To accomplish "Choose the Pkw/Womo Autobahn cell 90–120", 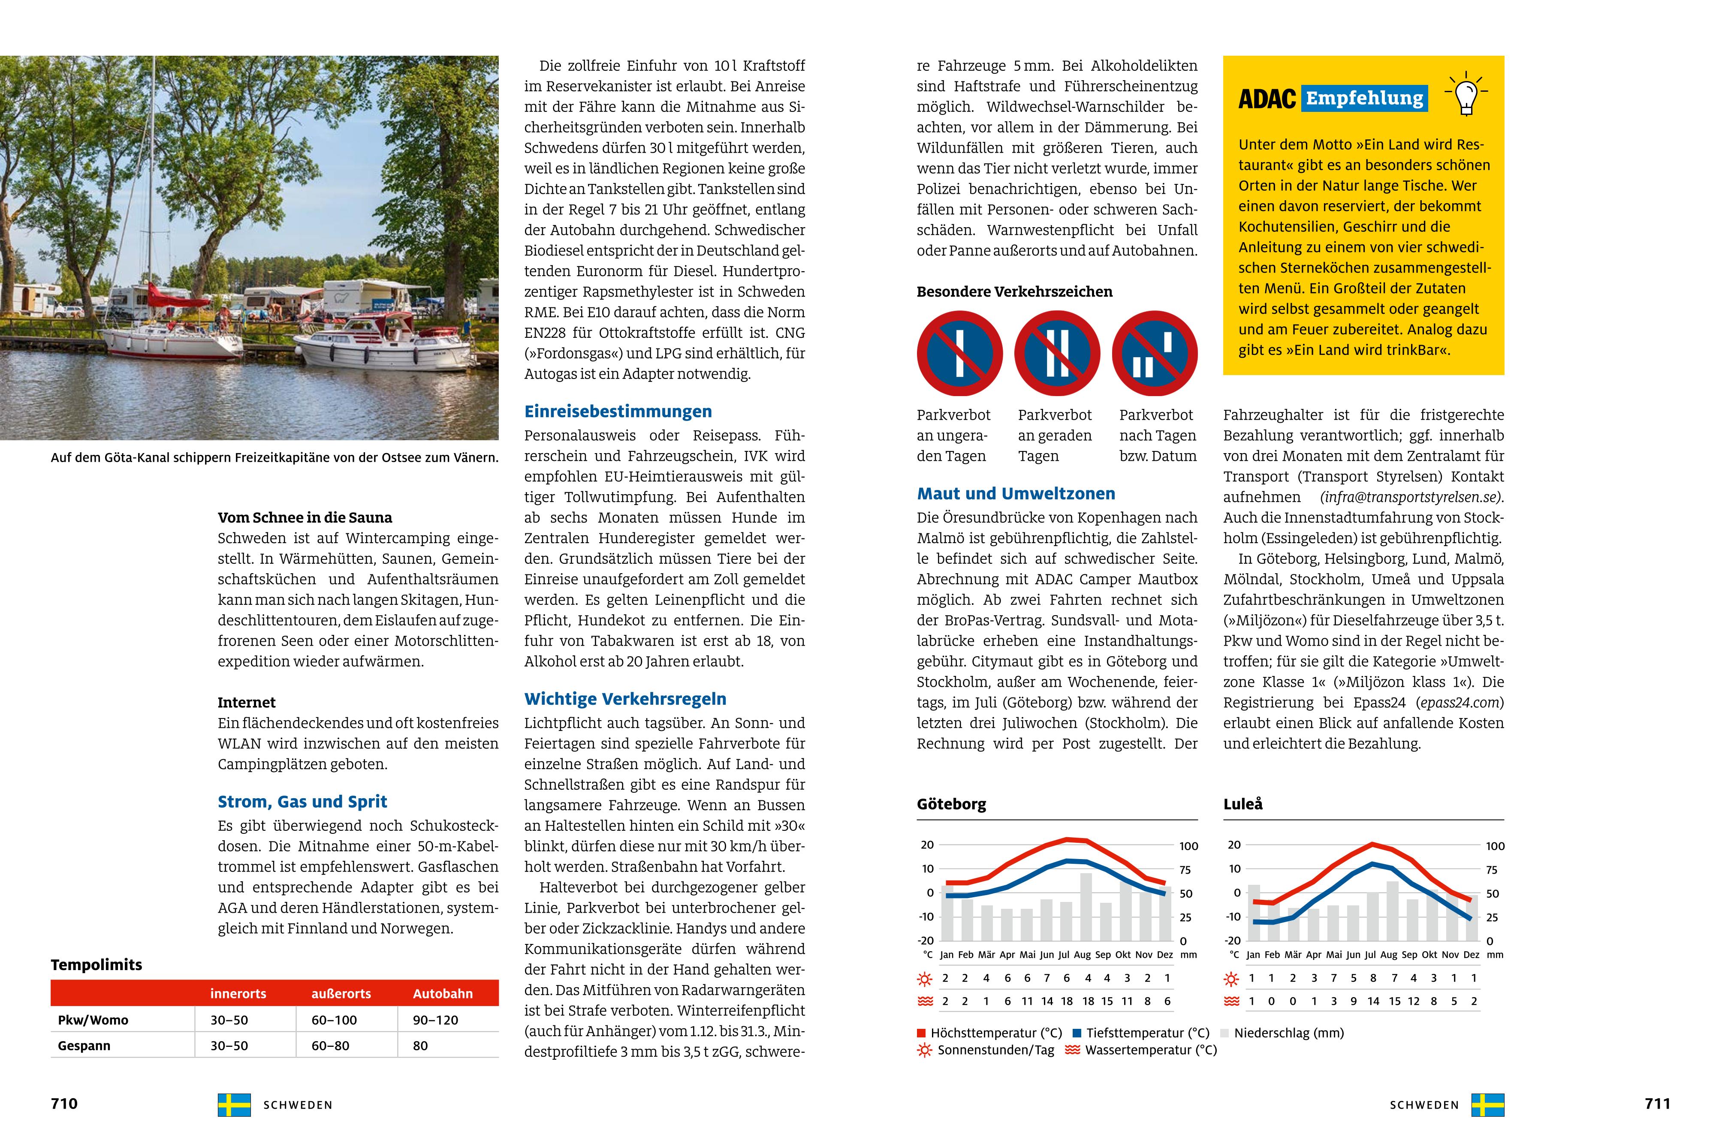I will (435, 1020).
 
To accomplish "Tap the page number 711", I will (1657, 1103).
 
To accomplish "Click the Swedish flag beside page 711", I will (1487, 1105).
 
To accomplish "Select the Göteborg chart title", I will (951, 804).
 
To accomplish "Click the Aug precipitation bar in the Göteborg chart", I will (1086, 907).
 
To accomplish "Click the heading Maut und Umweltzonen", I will (1015, 494).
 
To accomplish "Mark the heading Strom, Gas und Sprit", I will (302, 802).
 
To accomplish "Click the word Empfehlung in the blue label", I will (1365, 98).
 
